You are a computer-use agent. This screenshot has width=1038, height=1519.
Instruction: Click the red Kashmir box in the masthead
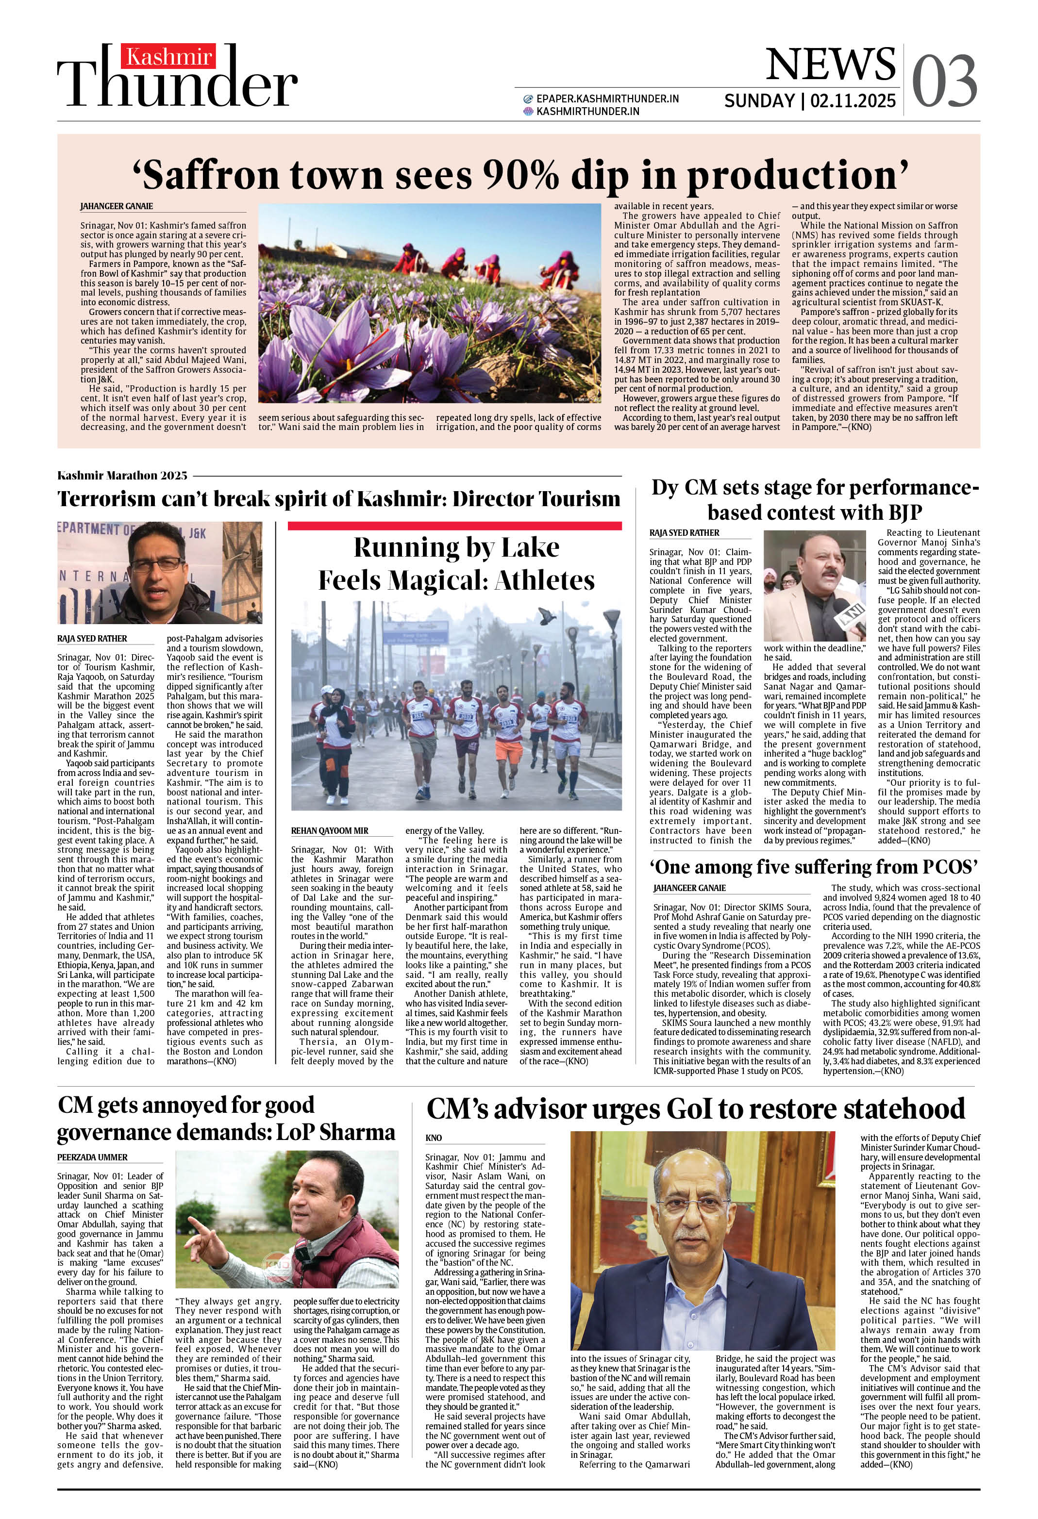pyautogui.click(x=169, y=58)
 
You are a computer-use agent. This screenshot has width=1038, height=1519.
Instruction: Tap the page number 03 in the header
pyautogui.click(x=944, y=81)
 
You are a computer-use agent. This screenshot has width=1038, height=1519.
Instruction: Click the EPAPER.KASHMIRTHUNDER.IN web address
pyautogui.click(x=607, y=99)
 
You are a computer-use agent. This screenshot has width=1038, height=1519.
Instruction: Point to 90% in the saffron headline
pyautogui.click(x=520, y=175)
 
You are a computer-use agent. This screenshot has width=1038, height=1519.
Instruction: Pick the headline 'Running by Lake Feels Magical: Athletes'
pyautogui.click(x=456, y=563)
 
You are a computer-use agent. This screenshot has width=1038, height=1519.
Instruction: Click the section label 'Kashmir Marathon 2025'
pyautogui.click(x=122, y=475)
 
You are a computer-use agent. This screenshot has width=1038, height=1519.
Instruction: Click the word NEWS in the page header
pyautogui.click(x=830, y=64)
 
